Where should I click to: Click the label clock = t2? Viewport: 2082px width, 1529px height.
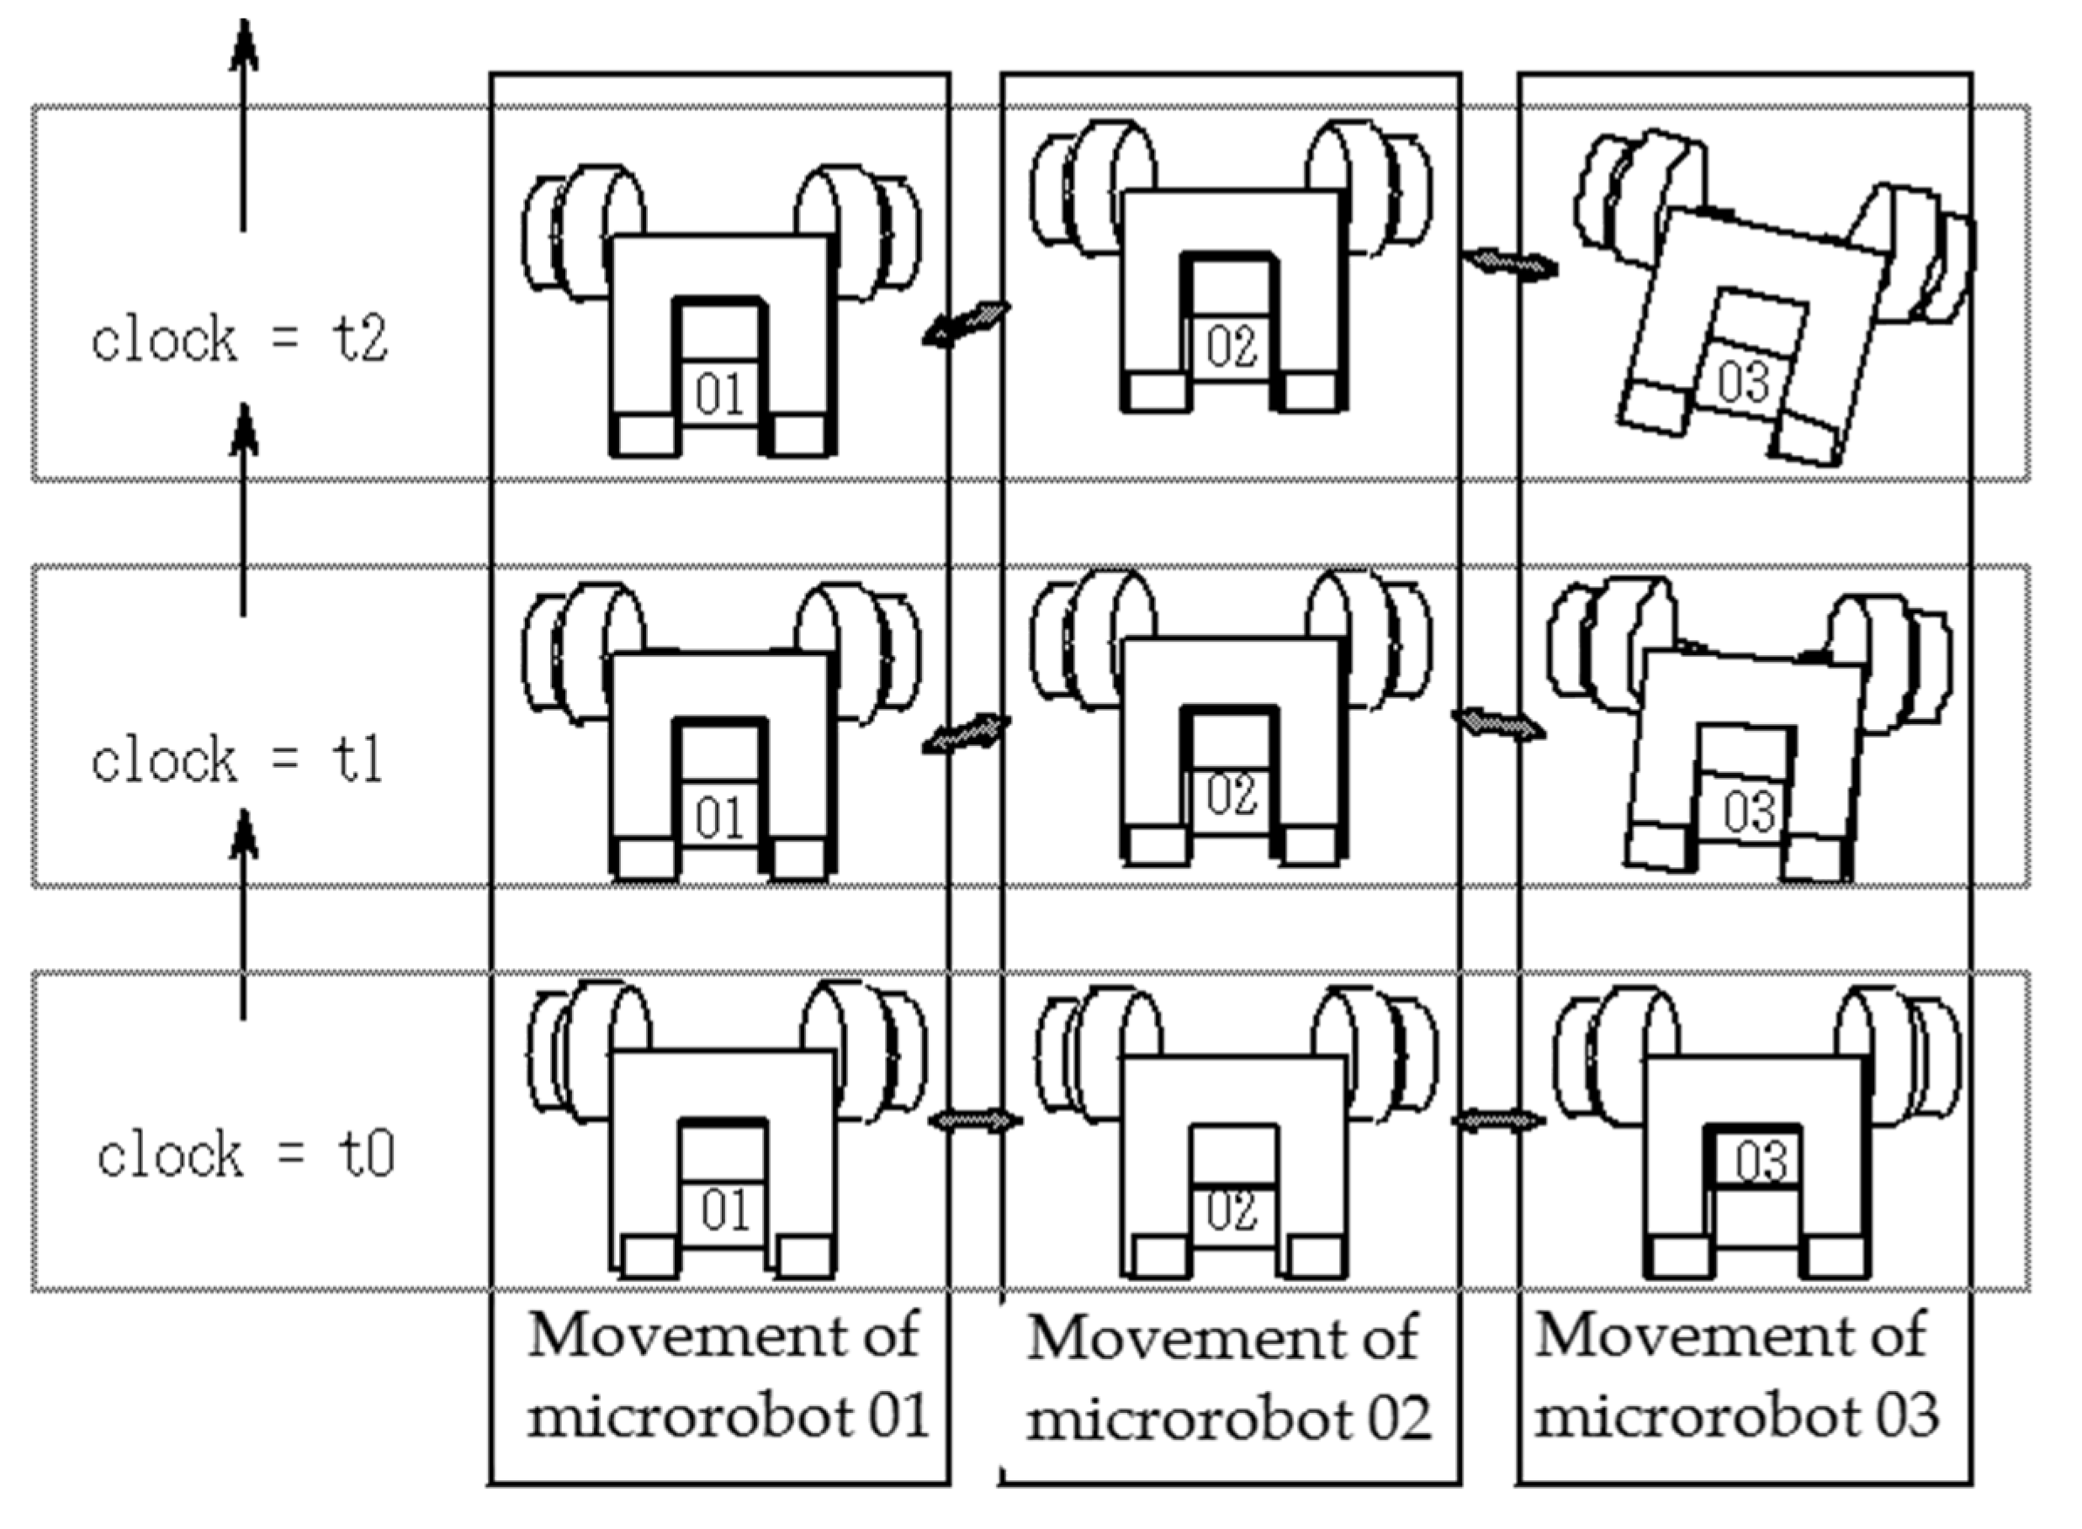239,340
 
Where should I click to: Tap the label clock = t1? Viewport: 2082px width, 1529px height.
237,761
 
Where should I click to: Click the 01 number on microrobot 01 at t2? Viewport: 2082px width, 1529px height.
719,396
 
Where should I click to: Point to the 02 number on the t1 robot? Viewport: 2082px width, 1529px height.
1232,794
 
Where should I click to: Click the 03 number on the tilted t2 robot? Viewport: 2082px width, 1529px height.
1743,381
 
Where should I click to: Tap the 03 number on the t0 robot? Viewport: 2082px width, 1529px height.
1761,1161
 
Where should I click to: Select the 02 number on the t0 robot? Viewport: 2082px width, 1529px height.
1232,1210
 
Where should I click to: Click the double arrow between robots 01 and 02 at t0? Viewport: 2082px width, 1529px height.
976,1121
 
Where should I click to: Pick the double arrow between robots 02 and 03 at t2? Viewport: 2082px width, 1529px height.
1510,265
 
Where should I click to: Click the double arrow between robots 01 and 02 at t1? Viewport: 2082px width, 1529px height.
967,734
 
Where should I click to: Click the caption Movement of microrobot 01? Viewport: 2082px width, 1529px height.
727,1375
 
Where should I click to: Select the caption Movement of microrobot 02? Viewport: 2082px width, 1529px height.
1227,1379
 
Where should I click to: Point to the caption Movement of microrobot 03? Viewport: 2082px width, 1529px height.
1735,1376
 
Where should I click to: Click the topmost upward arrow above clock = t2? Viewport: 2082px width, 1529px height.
243,120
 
